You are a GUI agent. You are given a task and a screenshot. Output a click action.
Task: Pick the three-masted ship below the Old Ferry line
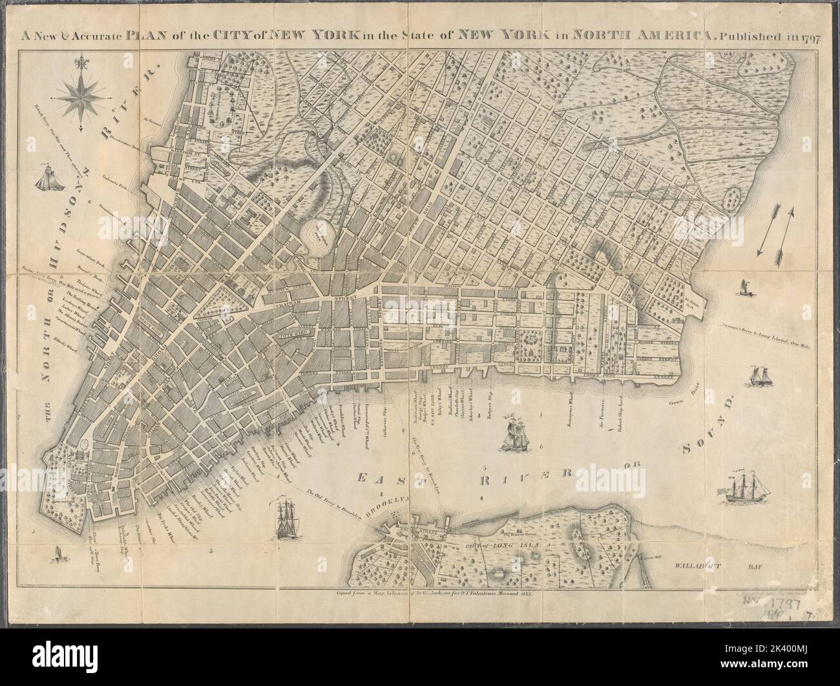coord(285,517)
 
